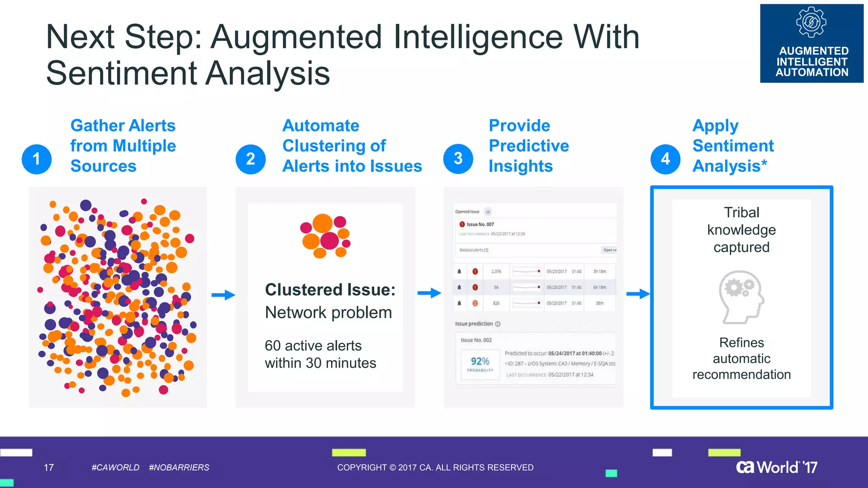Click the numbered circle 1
pos(36,159)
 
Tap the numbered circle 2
pos(250,159)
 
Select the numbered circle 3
pos(458,158)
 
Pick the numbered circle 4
pos(665,159)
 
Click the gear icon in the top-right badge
pos(811,22)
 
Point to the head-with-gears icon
pos(741,297)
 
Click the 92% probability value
pos(480,361)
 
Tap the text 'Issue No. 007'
pos(480,225)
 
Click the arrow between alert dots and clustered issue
pos(223,295)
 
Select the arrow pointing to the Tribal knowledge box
pos(638,294)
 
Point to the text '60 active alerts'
pos(313,346)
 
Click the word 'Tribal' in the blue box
pos(741,212)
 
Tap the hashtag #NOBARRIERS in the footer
pos(179,467)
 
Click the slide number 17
pos(49,467)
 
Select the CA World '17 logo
pos(776,467)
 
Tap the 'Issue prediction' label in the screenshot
pos(474,324)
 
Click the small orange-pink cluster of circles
pos(325,236)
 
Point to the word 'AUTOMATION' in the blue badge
pos(812,72)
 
